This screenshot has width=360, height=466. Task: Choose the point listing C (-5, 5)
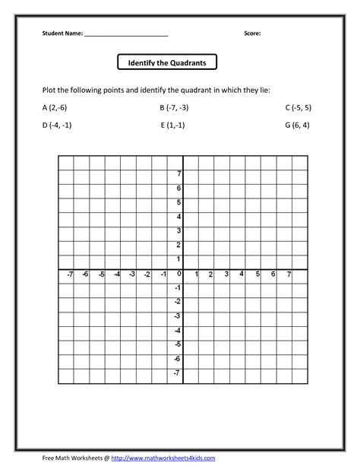coord(298,108)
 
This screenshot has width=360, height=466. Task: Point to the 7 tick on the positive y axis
coord(178,174)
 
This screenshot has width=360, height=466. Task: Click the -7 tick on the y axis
coord(177,373)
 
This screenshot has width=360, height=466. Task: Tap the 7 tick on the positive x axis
coord(289,274)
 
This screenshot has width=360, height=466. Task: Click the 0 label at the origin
coord(178,274)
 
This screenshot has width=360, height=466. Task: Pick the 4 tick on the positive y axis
coord(178,217)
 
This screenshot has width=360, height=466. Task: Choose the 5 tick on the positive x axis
coord(257,274)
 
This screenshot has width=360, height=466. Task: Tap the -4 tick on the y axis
coord(177,331)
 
